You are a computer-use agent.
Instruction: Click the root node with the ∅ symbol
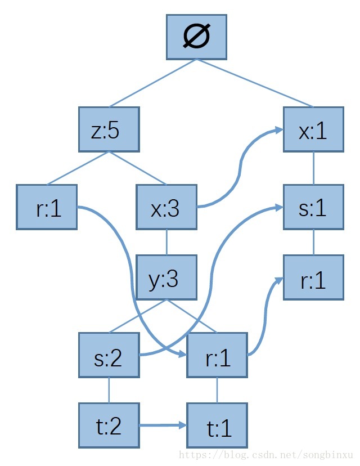[196, 37]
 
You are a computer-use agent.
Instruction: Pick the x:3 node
[166, 207]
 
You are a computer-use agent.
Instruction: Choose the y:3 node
[166, 277]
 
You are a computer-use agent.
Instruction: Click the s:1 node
[313, 207]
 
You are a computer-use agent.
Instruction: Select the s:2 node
[109, 355]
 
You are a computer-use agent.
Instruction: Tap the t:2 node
[109, 425]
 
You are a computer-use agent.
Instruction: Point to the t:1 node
[217, 425]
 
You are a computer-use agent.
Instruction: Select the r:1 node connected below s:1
[313, 277]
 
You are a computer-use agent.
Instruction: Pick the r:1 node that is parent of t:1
[217, 355]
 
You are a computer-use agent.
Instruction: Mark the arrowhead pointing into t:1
[183, 425]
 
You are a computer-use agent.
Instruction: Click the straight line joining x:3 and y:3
[166, 243]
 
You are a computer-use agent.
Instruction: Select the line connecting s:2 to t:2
[109, 391]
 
